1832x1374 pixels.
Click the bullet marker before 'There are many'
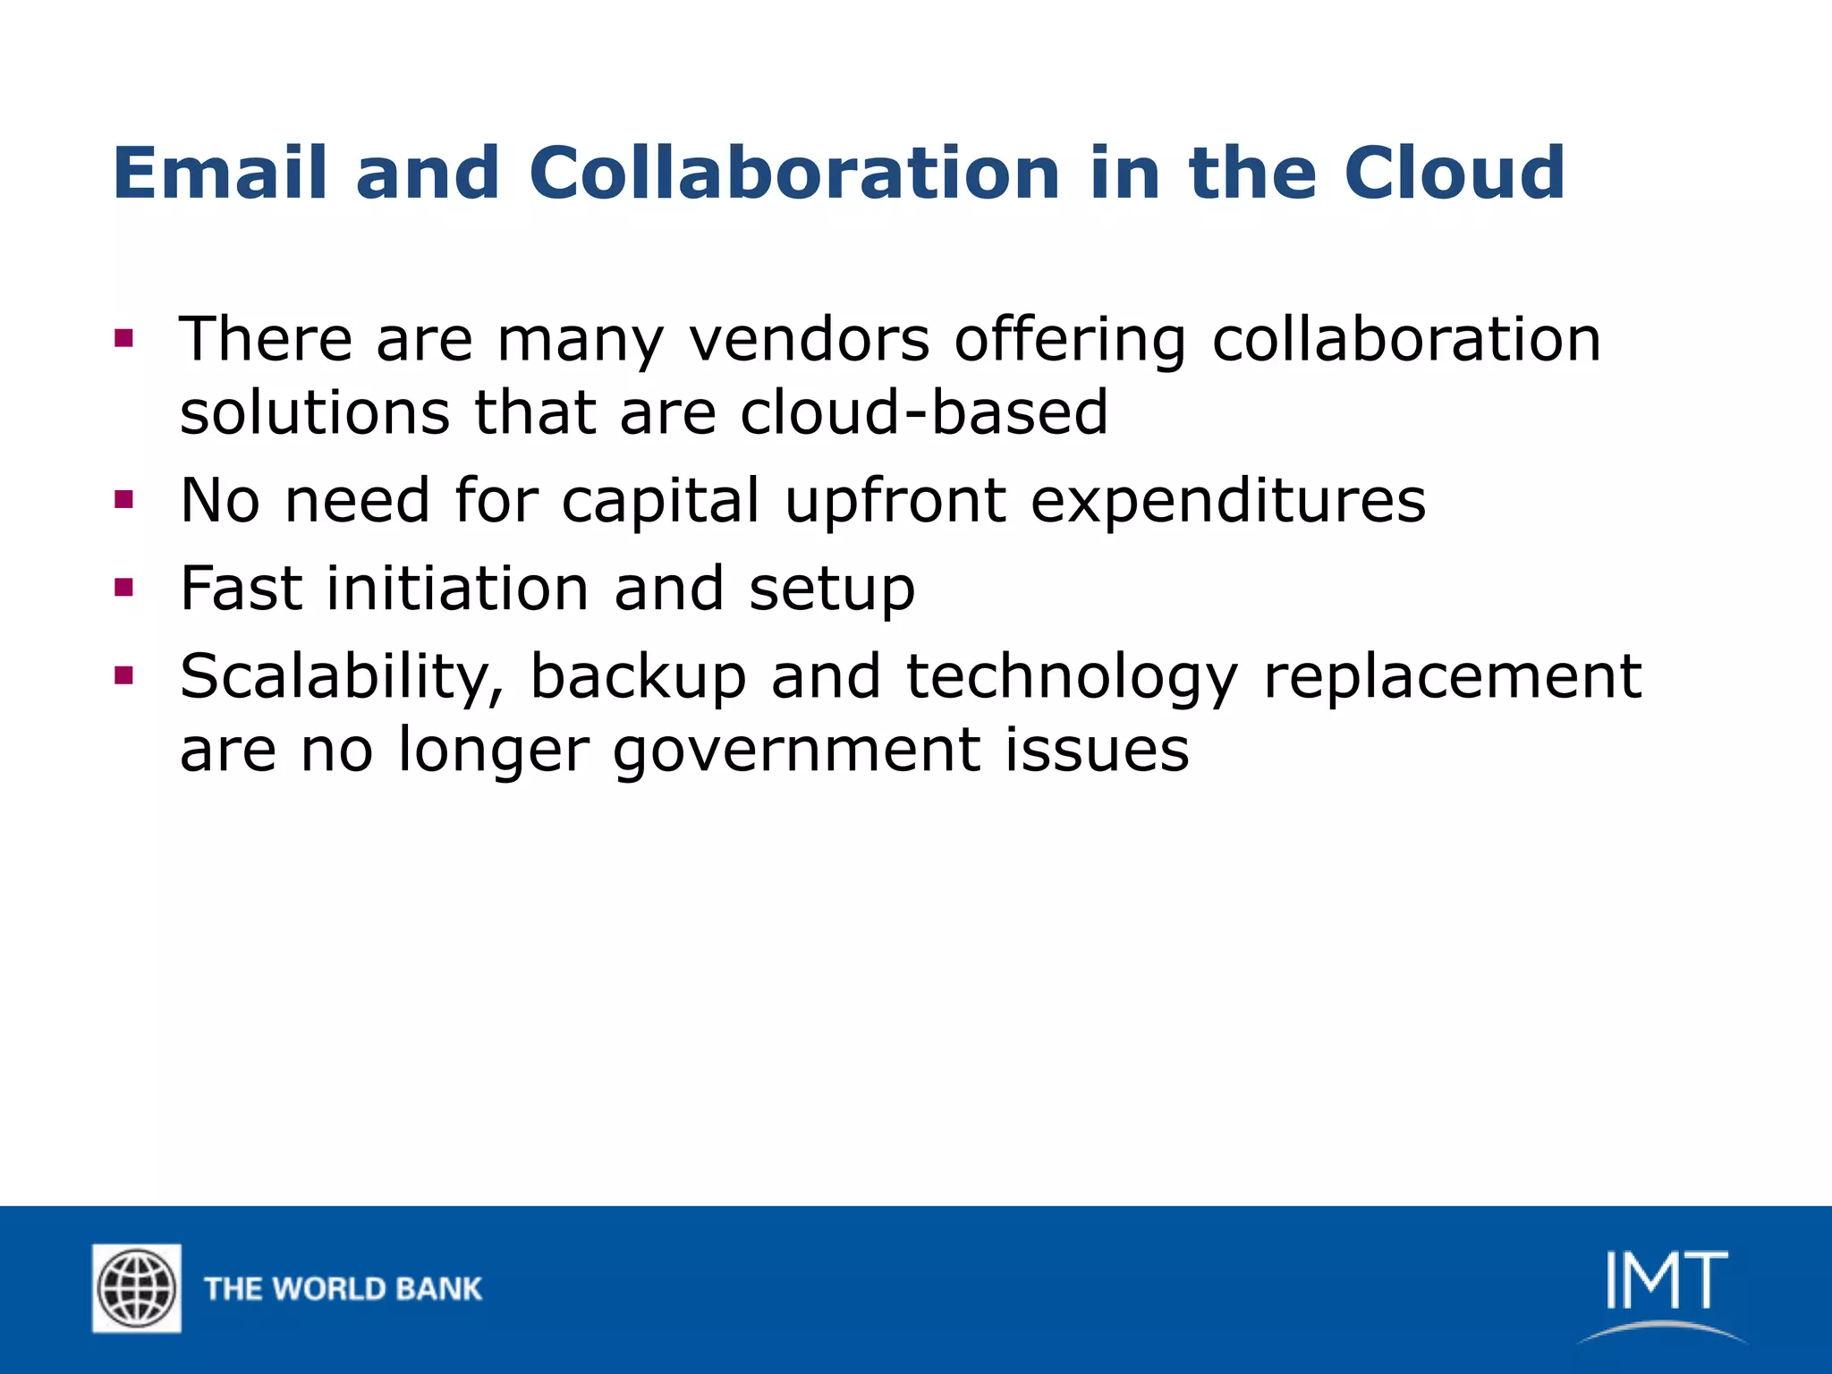click(x=124, y=339)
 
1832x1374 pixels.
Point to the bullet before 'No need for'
click(x=124, y=499)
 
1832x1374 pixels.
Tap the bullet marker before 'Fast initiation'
click(x=124, y=588)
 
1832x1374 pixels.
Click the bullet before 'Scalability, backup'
click(x=124, y=675)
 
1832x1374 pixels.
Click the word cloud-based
click(x=924, y=412)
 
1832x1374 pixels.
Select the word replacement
click(x=1452, y=677)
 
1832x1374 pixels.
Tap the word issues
click(x=1097, y=750)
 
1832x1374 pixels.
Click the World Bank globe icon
click(x=137, y=1288)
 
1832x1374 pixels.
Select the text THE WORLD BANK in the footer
click(x=343, y=1289)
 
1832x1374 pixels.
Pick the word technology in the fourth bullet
click(x=1072, y=677)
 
